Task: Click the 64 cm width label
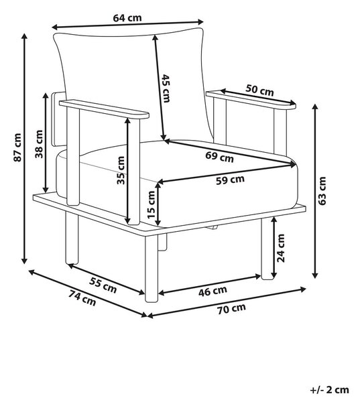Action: pyautogui.click(x=127, y=18)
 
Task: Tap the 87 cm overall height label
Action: pyautogui.click(x=17, y=147)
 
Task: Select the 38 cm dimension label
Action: pyautogui.click(x=39, y=144)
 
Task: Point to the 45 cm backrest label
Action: pyautogui.click(x=166, y=88)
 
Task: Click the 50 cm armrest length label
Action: pyautogui.click(x=259, y=90)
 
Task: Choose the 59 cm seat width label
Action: pyautogui.click(x=230, y=180)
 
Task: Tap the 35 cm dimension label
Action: pyautogui.click(x=121, y=170)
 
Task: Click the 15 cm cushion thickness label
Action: pyautogui.click(x=152, y=204)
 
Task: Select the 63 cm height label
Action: pyautogui.click(x=322, y=191)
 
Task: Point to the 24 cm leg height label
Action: pyautogui.click(x=281, y=248)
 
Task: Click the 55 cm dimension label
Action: pyautogui.click(x=103, y=285)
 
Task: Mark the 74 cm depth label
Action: pyautogui.click(x=82, y=298)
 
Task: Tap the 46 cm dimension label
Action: pyautogui.click(x=213, y=291)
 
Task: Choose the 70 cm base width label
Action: pyautogui.click(x=231, y=309)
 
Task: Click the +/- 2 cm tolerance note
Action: pyautogui.click(x=329, y=390)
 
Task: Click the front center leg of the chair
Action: pyautogui.click(x=152, y=268)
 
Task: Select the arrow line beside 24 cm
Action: pyautogui.click(x=274, y=248)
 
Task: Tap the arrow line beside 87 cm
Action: pyautogui.click(x=25, y=149)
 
